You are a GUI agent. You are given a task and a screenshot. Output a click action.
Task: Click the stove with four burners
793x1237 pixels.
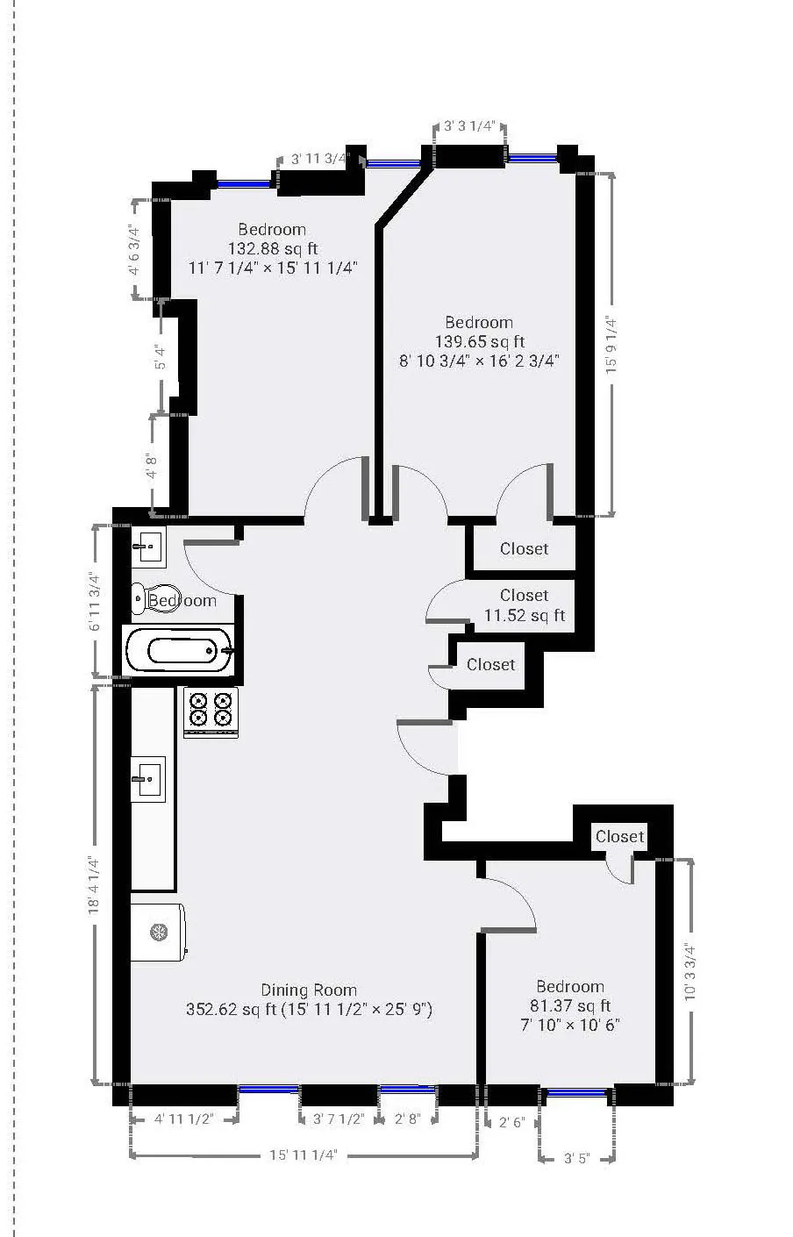(211, 711)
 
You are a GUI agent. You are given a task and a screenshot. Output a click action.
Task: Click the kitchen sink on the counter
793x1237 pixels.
(147, 778)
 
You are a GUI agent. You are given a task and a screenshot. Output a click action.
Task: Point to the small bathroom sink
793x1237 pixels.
(148, 547)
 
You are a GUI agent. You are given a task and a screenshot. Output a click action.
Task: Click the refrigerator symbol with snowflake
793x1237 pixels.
(158, 932)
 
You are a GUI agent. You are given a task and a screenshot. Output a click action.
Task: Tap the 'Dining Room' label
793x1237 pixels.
(309, 990)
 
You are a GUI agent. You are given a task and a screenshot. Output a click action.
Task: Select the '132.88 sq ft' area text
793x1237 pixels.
(273, 248)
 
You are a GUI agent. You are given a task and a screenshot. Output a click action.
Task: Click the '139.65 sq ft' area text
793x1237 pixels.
(479, 341)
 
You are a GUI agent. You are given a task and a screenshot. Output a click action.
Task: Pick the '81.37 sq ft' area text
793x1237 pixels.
(570, 1005)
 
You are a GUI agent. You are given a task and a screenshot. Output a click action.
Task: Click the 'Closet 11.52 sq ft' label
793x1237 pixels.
(524, 605)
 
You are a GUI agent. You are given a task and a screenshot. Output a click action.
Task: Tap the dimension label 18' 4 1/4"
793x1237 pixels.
(94, 886)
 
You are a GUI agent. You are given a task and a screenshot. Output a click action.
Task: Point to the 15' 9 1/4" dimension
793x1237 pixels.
(611, 346)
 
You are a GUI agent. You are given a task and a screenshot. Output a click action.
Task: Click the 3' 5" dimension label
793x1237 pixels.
(575, 1158)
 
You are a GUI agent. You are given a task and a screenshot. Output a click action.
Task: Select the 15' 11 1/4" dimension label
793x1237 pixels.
(303, 1155)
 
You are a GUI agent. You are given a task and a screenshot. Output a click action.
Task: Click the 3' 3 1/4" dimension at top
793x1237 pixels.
(470, 126)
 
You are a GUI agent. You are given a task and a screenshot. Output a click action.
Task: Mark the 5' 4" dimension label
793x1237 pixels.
(159, 359)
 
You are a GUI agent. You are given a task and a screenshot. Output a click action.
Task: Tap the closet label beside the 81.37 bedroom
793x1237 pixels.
(619, 836)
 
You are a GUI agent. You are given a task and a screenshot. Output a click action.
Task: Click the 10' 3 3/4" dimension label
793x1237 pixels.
(690, 972)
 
